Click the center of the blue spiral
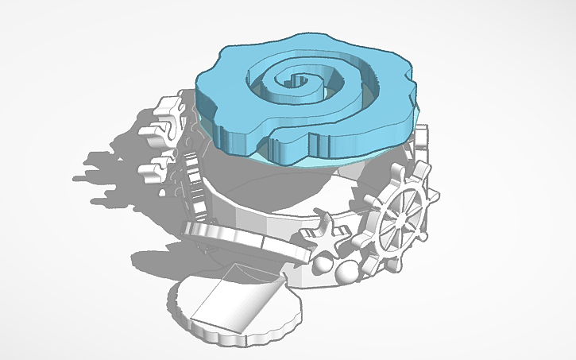[300, 79]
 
